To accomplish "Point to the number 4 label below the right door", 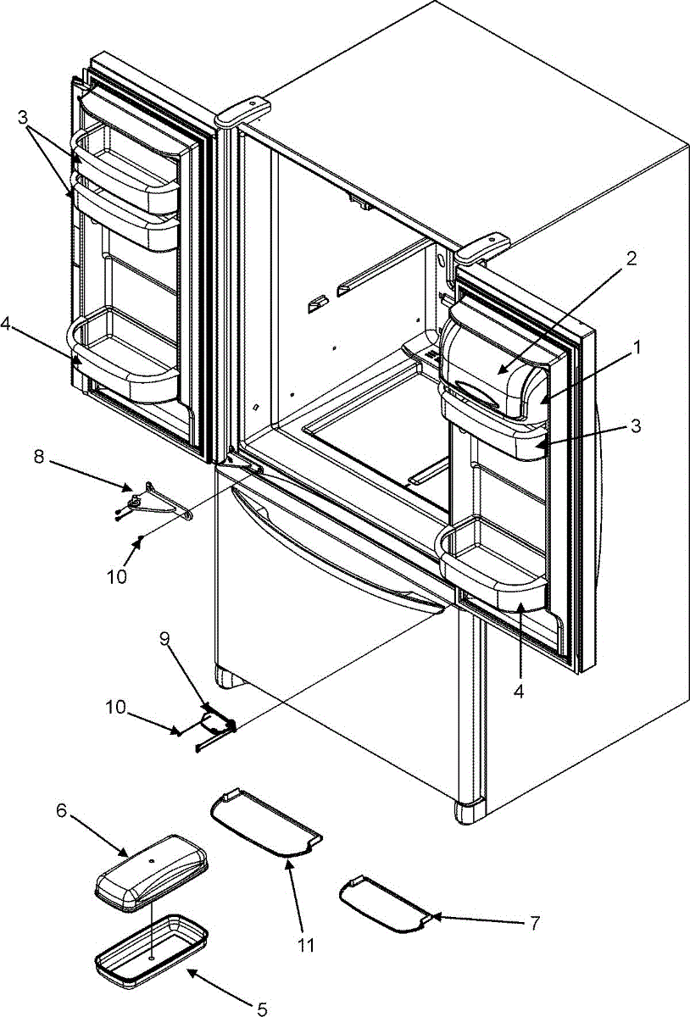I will [x=520, y=691].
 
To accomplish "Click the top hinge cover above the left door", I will [x=242, y=111].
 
